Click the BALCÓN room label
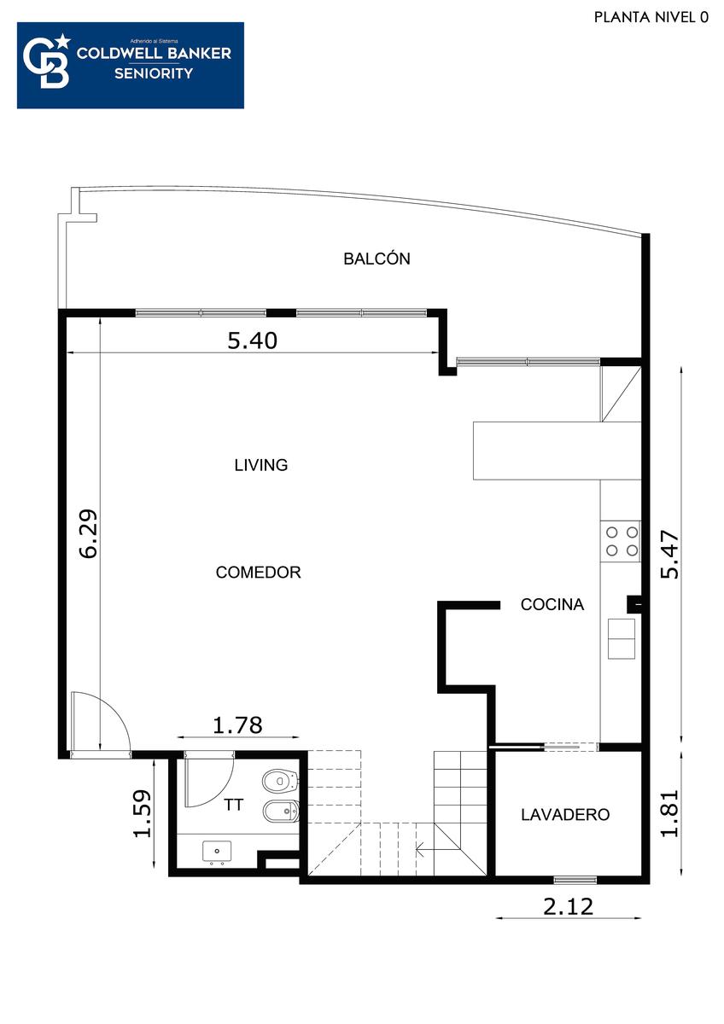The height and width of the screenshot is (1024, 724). click(x=377, y=259)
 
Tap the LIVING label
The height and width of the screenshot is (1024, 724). click(x=261, y=465)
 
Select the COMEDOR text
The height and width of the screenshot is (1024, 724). click(x=259, y=572)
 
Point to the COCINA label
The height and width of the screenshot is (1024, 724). click(x=552, y=604)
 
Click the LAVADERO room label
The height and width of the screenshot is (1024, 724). click(x=565, y=814)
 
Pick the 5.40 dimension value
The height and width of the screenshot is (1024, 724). click(x=253, y=340)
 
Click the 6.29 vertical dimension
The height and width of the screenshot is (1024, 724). click(x=88, y=533)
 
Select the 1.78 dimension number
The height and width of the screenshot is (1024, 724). click(x=238, y=725)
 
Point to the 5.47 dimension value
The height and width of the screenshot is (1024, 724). click(x=669, y=555)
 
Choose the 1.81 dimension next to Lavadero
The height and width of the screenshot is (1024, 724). click(x=669, y=813)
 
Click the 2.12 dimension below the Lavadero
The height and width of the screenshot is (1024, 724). click(x=568, y=907)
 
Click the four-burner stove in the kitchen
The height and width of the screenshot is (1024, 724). click(x=622, y=541)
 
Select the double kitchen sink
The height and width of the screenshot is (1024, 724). click(x=621, y=638)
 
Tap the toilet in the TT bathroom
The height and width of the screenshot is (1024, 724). click(x=281, y=781)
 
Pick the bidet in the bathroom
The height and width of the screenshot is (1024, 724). click(x=281, y=812)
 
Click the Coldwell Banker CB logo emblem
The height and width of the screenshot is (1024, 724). click(x=47, y=61)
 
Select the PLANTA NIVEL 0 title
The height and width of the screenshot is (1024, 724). click(x=651, y=17)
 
